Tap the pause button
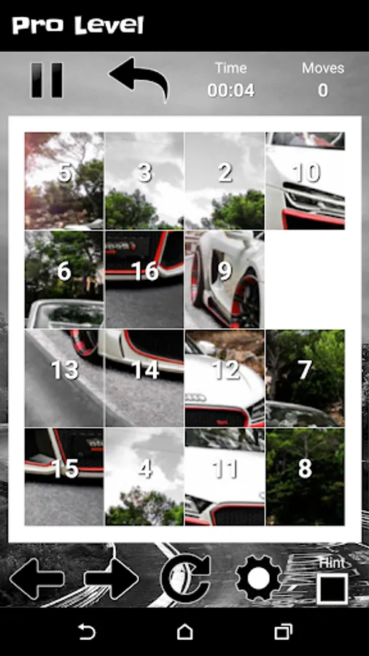click(47, 80)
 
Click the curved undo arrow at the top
click(140, 77)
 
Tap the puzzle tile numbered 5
click(64, 181)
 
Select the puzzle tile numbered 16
click(144, 279)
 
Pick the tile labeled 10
click(305, 181)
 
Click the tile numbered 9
click(225, 279)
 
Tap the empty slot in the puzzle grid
click(305, 279)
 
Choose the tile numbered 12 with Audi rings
click(225, 378)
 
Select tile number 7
click(305, 378)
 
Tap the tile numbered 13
click(64, 378)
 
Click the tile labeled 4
click(144, 477)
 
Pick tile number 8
click(305, 477)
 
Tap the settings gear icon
click(259, 579)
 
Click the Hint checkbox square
click(333, 589)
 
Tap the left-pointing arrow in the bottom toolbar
click(36, 579)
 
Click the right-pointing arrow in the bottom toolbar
click(112, 579)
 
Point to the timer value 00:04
click(231, 90)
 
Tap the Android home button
click(184, 632)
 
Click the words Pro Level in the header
click(78, 26)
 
